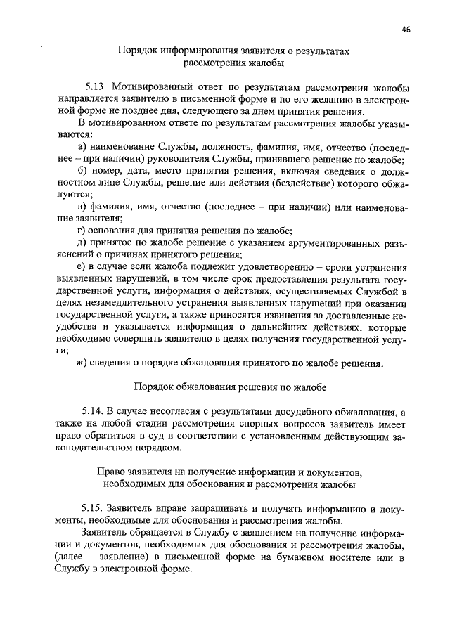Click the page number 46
407,30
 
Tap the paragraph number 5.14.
95,410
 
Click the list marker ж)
83,363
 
